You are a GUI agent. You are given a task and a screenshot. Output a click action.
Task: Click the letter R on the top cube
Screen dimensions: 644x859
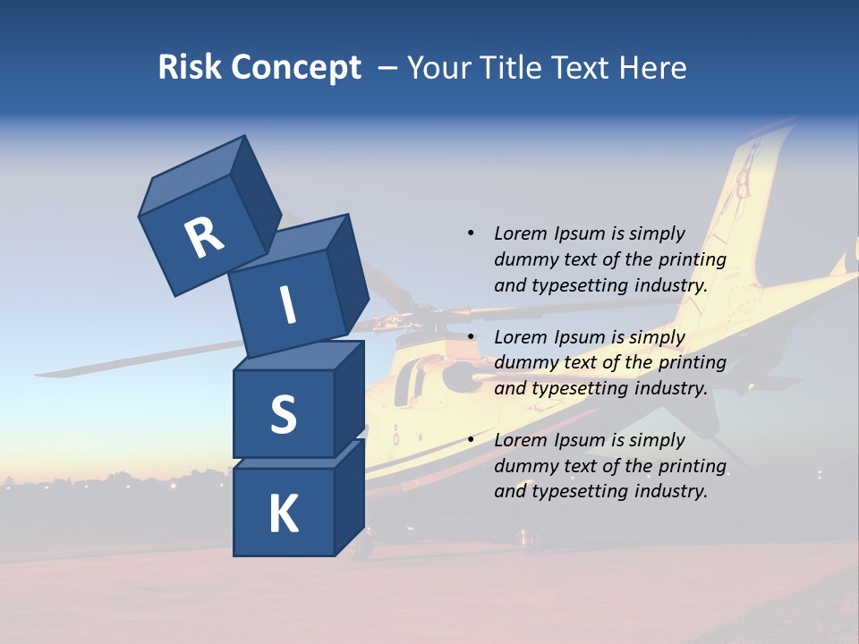[204, 237]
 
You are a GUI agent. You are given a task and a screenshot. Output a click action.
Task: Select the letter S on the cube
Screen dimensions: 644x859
[283, 414]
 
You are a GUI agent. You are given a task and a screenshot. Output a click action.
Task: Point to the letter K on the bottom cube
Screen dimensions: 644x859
[283, 514]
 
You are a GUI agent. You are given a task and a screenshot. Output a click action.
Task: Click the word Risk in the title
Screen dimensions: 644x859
[189, 67]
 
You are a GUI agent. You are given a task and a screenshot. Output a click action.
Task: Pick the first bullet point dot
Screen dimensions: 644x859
[470, 233]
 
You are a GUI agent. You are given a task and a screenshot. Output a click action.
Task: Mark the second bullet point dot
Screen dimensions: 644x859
[470, 336]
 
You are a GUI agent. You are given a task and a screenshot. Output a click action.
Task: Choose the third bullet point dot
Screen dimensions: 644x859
[470, 439]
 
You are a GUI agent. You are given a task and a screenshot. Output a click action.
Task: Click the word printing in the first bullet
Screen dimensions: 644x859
[693, 259]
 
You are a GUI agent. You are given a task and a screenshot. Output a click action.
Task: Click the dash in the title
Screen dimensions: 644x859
[388, 68]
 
